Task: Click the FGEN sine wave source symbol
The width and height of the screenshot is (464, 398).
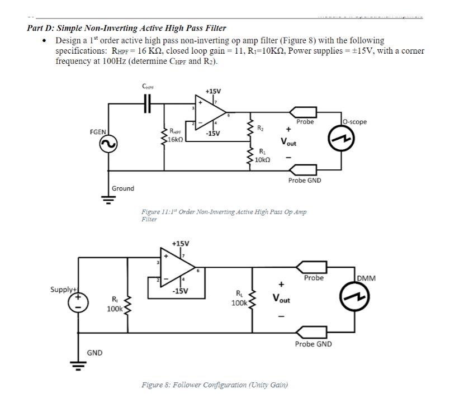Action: tap(108, 144)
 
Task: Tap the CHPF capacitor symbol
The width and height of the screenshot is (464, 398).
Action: tap(148, 103)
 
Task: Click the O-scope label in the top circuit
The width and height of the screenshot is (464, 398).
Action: tap(354, 121)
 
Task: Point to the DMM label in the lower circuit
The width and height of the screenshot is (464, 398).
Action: tap(366, 278)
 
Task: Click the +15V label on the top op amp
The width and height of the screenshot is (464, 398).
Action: tap(213, 91)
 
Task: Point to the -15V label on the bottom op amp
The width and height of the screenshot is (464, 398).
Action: tap(180, 291)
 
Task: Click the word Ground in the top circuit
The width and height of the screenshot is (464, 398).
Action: tap(123, 188)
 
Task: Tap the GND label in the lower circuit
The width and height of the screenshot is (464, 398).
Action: tap(94, 353)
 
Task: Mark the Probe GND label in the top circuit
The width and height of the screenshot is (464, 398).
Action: tap(304, 180)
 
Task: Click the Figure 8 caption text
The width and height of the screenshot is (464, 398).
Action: tap(215, 385)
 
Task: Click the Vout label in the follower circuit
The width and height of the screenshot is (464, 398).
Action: tap(282, 298)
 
